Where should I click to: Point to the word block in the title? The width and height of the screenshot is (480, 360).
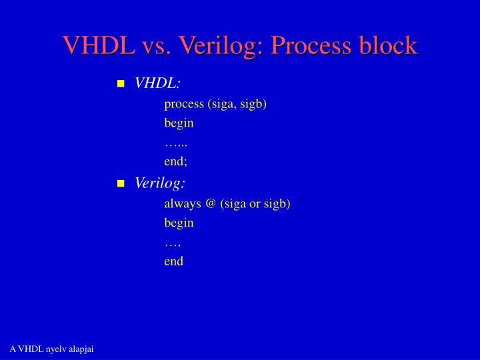point(387,45)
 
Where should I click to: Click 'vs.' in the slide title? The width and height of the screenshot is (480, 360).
point(155,45)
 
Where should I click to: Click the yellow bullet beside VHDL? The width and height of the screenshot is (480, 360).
point(121,83)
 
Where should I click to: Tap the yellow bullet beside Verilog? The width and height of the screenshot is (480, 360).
point(121,183)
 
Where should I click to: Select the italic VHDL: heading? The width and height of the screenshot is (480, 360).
point(157,83)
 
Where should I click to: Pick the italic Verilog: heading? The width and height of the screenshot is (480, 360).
point(160,183)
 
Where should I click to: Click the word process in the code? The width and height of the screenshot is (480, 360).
point(186,103)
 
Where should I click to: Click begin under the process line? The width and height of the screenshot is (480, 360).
point(179,123)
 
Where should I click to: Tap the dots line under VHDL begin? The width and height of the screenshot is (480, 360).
point(176,143)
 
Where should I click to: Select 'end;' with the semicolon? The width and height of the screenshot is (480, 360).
point(176,161)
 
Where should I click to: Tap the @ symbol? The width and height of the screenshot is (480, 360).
point(211,203)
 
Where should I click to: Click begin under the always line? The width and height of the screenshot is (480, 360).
point(179,223)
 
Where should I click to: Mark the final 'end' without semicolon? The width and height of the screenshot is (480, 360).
point(174,261)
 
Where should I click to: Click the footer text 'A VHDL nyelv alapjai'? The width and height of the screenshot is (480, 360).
point(51,349)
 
